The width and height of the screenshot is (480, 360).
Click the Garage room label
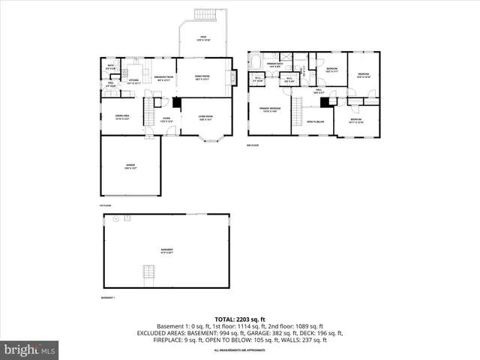(130, 166)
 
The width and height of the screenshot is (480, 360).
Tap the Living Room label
(205, 118)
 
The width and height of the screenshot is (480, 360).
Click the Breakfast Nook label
(164, 78)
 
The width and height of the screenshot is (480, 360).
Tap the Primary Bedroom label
(270, 109)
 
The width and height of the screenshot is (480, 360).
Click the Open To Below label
(315, 121)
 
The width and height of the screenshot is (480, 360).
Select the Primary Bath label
(274, 65)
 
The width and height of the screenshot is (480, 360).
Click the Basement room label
(166, 250)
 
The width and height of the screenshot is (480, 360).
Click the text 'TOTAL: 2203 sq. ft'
(240, 319)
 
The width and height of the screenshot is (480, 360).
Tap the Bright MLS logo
(30, 349)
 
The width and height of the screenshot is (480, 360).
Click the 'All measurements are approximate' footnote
(240, 350)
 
